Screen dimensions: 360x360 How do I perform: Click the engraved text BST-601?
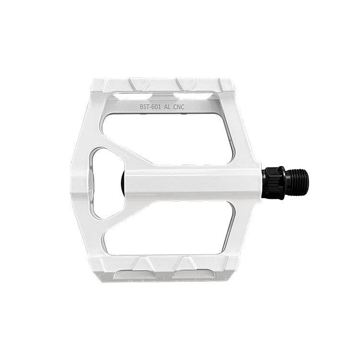(150, 107)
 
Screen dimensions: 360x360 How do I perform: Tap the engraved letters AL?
(167, 107)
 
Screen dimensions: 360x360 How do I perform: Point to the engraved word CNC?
(179, 107)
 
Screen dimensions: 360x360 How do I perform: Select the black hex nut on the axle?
(274, 183)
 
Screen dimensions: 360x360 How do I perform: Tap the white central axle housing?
(193, 182)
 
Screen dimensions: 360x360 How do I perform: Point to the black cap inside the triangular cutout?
(123, 183)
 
